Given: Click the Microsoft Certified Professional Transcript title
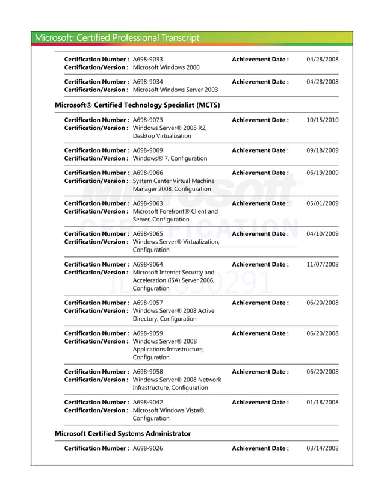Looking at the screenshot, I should click(117, 37).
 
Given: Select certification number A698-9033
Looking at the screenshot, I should click(147, 59).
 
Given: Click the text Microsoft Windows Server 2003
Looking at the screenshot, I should click(175, 90).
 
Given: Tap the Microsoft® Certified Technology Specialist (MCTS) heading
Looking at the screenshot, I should click(137, 105).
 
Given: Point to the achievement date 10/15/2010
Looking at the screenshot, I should click(322, 120).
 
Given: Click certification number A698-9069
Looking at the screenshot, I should click(147, 150).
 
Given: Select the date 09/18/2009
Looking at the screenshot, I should click(322, 150).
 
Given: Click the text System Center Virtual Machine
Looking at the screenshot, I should click(173, 181).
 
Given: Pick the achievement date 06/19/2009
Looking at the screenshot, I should click(322, 173).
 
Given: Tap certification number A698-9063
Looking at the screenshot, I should click(147, 203).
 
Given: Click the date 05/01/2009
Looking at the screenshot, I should click(322, 203).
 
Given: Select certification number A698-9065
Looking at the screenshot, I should click(147, 234).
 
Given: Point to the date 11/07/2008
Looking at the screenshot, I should click(322, 264).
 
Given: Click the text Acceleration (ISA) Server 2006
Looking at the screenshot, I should click(173, 280).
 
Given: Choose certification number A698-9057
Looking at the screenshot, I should click(147, 303).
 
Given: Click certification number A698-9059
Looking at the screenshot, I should click(147, 333).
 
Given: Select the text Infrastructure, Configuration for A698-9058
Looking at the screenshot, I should click(170, 387).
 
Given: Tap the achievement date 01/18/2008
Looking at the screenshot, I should click(322, 403).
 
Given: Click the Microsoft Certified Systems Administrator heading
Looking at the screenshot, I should click(123, 433).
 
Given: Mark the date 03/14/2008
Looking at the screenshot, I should click(322, 448).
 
